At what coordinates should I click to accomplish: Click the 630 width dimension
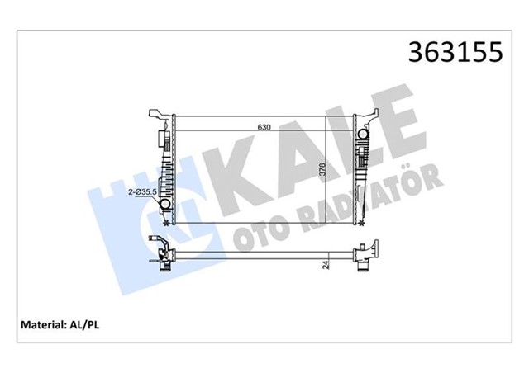point(264,126)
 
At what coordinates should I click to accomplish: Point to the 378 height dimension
point(323,173)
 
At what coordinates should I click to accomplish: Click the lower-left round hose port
point(164,205)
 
